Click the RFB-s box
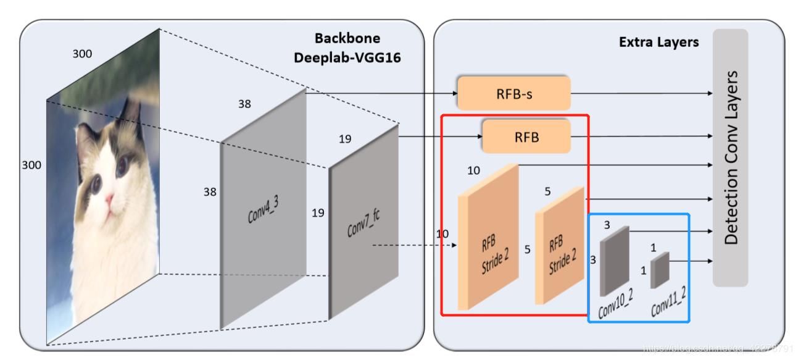coord(513,93)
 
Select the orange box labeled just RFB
coord(526,136)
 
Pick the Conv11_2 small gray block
coord(660,270)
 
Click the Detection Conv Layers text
coord(731,157)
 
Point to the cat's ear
coord(131,117)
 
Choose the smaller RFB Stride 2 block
coord(559,247)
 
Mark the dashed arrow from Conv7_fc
coord(414,246)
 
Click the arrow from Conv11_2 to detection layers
coord(689,261)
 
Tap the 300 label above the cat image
coord(82,54)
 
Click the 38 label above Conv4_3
coord(245,104)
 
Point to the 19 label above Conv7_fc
coord(345,139)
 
